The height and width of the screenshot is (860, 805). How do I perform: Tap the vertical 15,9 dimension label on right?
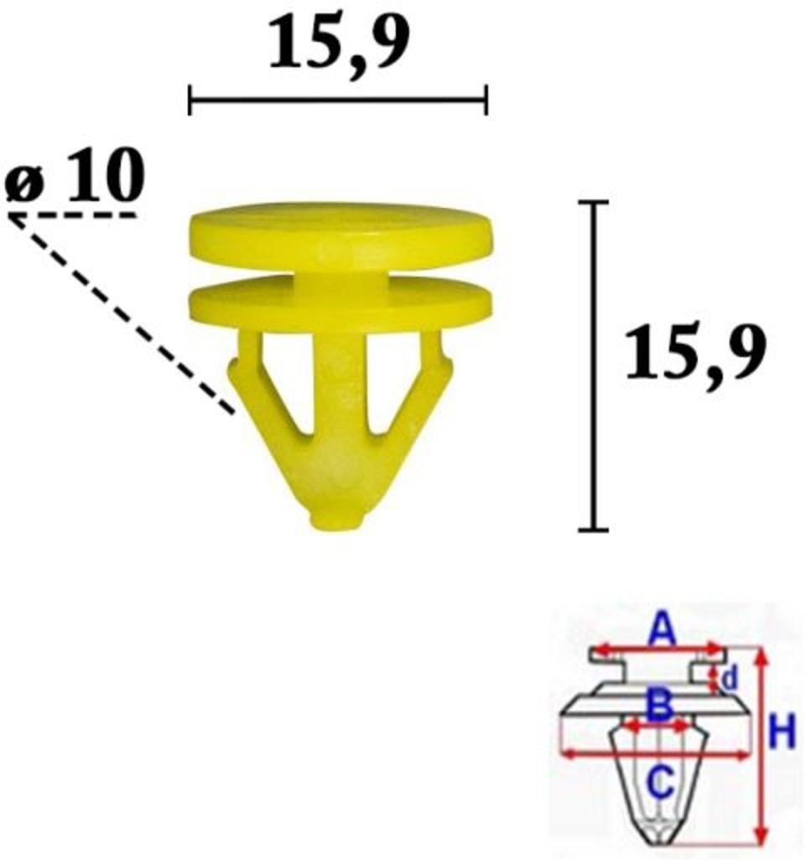(695, 354)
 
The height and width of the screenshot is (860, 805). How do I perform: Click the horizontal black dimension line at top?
(338, 100)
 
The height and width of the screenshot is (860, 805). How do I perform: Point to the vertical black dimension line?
(594, 365)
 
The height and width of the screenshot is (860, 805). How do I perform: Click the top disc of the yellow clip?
(340, 232)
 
